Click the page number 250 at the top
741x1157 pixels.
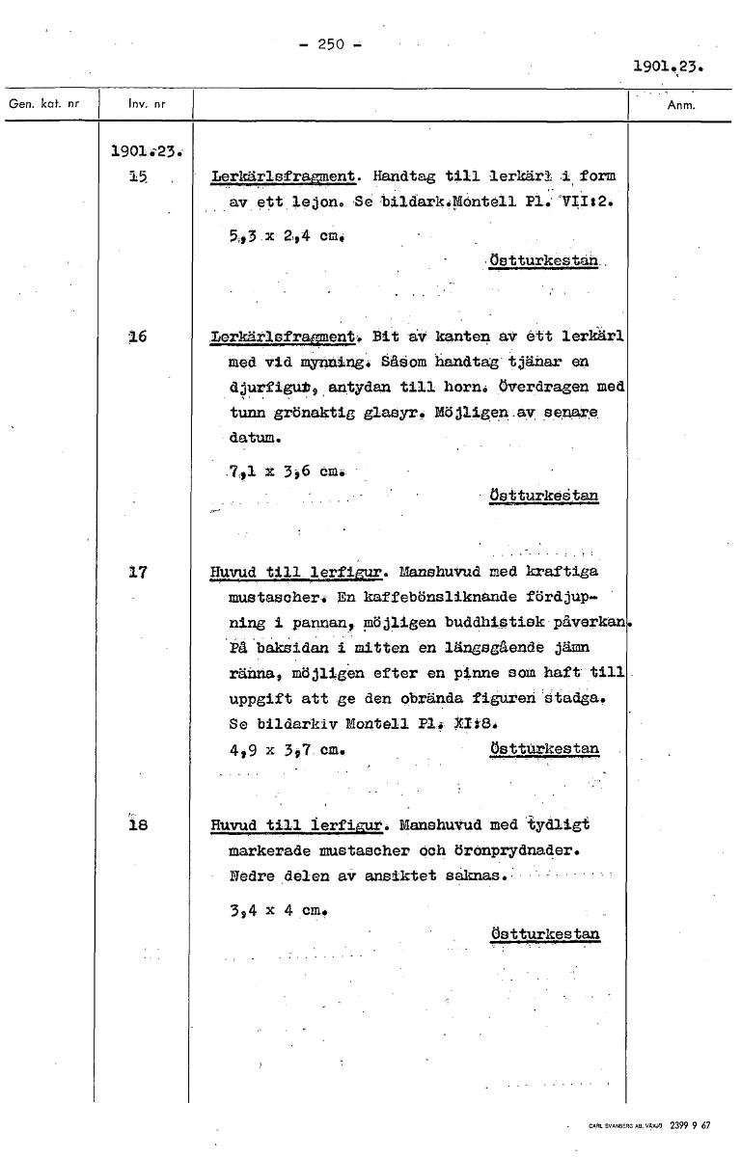[331, 44]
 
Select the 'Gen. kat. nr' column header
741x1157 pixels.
[43, 101]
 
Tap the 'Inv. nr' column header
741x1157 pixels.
[142, 101]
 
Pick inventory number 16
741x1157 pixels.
[137, 336]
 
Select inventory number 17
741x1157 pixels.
[137, 572]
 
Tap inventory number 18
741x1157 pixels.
[137, 824]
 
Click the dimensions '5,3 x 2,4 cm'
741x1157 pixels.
[267, 231]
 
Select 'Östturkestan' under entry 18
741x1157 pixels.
[544, 933]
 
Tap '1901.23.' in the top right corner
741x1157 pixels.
[672, 68]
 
